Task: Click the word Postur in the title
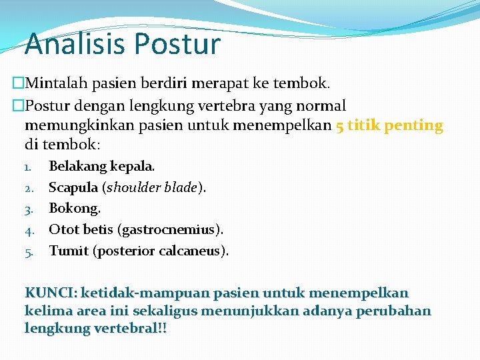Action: (x=177, y=44)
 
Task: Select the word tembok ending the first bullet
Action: (x=305, y=84)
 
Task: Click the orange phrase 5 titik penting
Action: (x=389, y=125)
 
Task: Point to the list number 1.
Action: (x=29, y=167)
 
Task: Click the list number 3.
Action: (x=29, y=209)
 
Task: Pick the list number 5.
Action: (x=29, y=252)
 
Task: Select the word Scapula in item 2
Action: (x=73, y=187)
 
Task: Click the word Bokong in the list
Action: (x=73, y=209)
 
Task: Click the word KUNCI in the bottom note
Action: (x=50, y=293)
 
